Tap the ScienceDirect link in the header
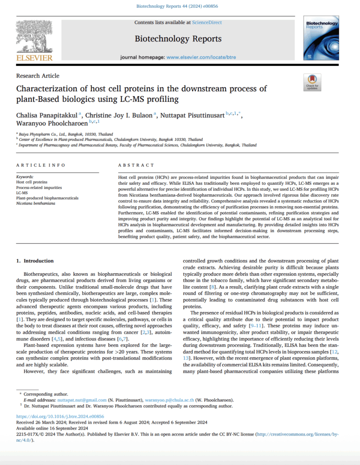pyautogui.click(x=206, y=22)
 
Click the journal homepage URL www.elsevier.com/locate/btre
pyautogui.click(x=201, y=58)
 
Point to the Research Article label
pyautogui.click(x=38, y=76)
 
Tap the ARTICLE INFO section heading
pyautogui.click(x=40, y=165)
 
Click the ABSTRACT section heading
pyautogui.click(x=136, y=165)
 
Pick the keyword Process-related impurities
pyautogui.click(x=40, y=187)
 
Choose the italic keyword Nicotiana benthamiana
pyautogui.click(x=36, y=203)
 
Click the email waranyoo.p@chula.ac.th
pyautogui.click(x=170, y=400)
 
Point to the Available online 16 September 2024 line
pyautogui.click(x=52, y=428)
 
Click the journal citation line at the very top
pyautogui.click(x=180, y=6)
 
